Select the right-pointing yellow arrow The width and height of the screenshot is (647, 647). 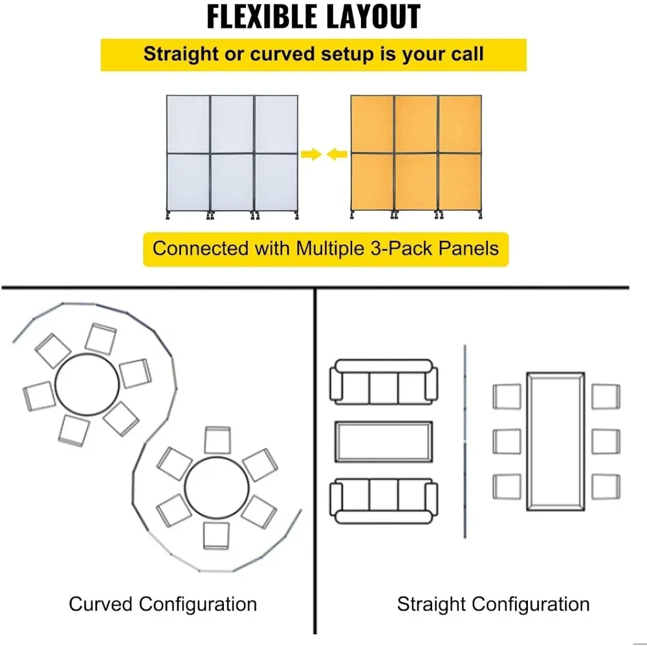[311, 154]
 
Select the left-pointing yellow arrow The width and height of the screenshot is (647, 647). [336, 154]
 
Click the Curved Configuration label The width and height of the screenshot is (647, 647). [163, 604]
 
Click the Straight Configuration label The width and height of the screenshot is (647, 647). [493, 604]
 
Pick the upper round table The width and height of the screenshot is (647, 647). [87, 385]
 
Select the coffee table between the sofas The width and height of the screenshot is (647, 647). [384, 442]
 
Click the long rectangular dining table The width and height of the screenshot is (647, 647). [555, 442]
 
